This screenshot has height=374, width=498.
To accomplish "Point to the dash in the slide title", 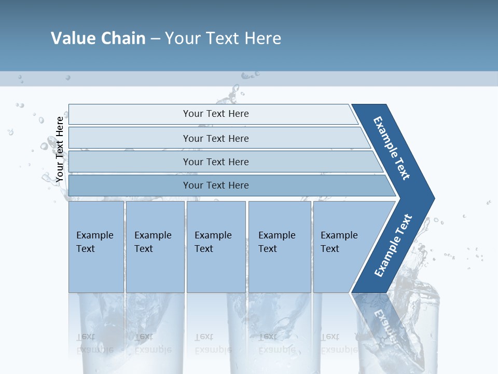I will (x=155, y=39).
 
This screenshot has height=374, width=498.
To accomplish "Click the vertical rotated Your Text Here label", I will (x=60, y=149).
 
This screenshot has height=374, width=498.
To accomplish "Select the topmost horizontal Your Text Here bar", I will (x=215, y=114).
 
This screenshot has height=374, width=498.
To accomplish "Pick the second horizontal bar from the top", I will (x=215, y=138).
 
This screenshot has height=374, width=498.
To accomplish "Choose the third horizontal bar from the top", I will (x=215, y=162).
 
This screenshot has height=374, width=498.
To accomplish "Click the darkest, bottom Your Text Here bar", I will (x=215, y=185).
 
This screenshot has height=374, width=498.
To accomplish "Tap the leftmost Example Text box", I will (x=96, y=247).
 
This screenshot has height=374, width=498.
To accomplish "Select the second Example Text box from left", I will (x=155, y=247).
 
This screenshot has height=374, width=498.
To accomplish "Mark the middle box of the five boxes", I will (x=216, y=247).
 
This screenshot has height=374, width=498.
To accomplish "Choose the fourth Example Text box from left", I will (x=280, y=247).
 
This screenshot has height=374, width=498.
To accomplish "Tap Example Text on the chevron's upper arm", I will (x=392, y=148).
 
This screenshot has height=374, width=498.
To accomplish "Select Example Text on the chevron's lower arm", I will (x=393, y=246).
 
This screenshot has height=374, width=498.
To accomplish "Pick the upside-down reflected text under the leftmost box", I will (x=94, y=343).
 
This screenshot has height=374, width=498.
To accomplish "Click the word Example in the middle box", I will (x=213, y=235).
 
